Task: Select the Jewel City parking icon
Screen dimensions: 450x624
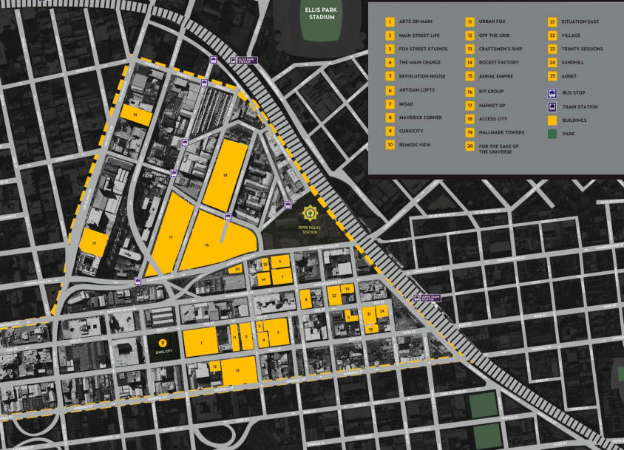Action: coord(163,342)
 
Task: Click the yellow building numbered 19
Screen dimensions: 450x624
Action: coord(137,116)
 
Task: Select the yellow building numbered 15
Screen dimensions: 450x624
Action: coord(94,242)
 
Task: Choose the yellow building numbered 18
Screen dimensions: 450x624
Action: coord(225,176)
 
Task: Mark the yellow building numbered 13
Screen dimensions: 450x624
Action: coord(238,370)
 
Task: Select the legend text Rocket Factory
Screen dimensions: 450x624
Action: coord(499,63)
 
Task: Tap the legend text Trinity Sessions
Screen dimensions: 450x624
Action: coord(582,50)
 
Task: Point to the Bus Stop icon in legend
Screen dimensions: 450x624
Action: coord(552,93)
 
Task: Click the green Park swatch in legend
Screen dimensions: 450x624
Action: coord(552,134)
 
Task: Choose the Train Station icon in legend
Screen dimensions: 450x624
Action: coord(552,107)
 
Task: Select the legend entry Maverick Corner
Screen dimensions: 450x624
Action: coord(420,117)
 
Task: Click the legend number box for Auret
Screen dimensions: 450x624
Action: coord(552,76)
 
